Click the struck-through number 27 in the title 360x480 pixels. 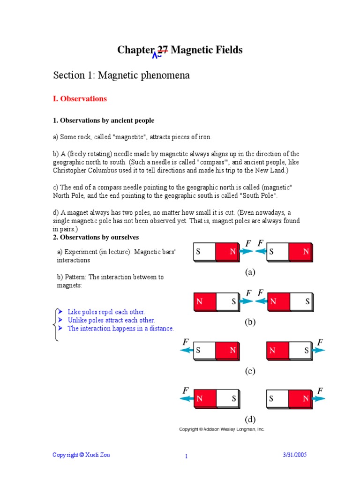point(162,50)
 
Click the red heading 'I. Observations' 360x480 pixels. point(80,99)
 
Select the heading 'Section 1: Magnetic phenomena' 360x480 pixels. point(121,75)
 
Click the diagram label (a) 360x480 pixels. point(250,272)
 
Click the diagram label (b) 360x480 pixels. point(250,322)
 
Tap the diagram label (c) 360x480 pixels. point(250,371)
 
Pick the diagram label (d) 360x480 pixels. point(250,420)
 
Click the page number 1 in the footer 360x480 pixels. point(186,457)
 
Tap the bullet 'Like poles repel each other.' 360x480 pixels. point(106,312)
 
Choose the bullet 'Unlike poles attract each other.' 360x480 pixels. point(111,320)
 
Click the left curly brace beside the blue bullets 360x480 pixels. point(56,324)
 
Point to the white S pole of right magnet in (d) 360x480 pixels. point(277,399)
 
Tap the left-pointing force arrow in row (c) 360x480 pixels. point(187,350)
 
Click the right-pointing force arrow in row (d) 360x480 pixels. point(320,399)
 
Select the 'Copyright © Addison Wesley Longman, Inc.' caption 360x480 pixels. point(222,429)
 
